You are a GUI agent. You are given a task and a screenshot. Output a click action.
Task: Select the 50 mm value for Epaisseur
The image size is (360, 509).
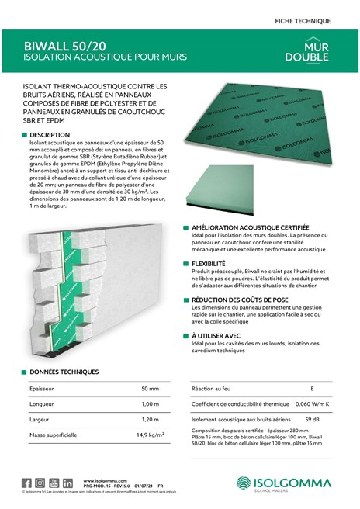click(x=150, y=387)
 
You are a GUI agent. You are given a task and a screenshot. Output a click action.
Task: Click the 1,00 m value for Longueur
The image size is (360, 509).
click(x=150, y=403)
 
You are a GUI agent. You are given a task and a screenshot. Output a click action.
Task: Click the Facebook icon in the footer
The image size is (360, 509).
click(x=27, y=483)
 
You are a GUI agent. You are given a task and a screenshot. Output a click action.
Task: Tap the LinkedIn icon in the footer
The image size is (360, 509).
click(x=67, y=483)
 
